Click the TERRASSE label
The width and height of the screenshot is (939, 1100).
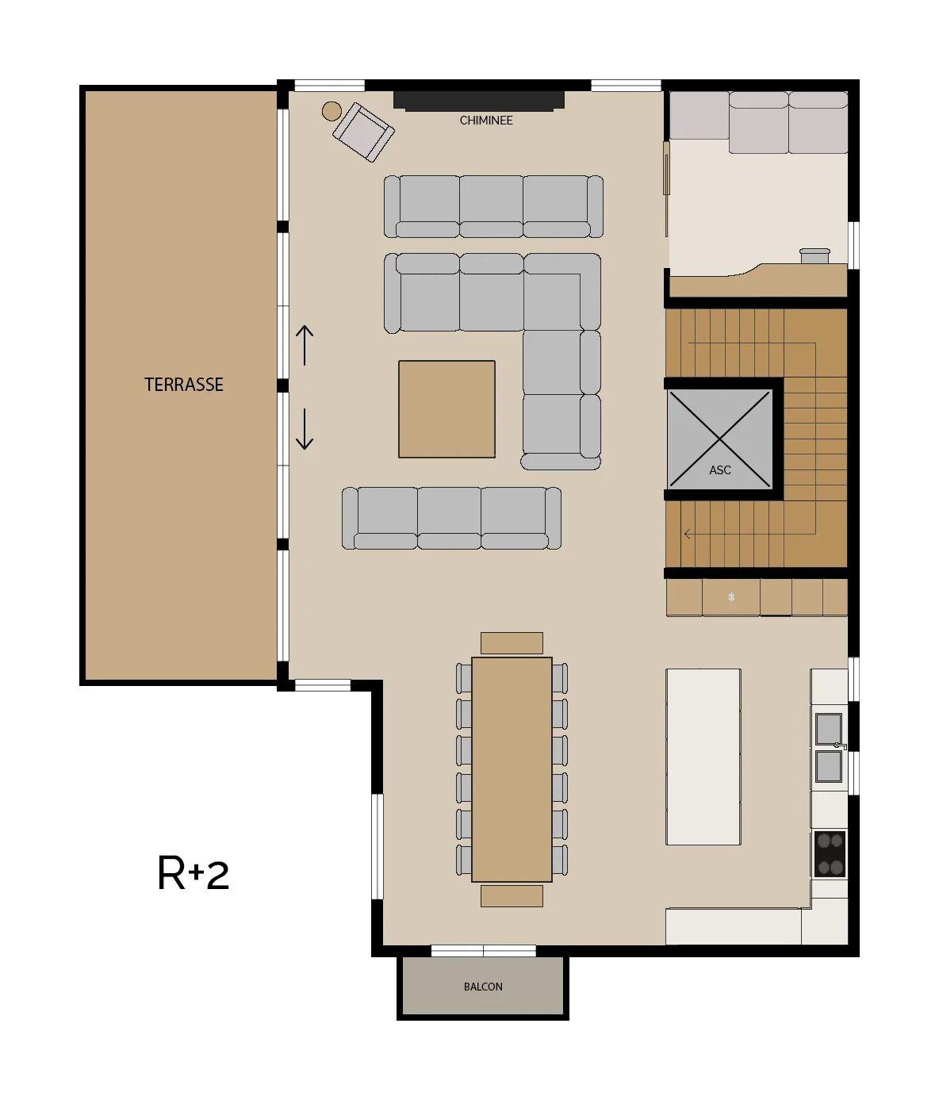click(184, 384)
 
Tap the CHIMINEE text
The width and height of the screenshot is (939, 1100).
click(486, 121)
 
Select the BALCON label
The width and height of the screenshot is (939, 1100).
click(483, 987)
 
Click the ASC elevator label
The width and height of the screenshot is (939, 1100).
click(719, 470)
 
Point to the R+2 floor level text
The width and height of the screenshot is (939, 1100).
click(194, 873)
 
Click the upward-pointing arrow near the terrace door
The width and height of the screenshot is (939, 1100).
click(305, 345)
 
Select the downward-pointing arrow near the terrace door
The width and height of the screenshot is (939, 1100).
click(305, 429)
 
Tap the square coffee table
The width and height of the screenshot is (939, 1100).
click(447, 408)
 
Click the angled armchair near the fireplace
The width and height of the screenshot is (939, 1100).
click(363, 132)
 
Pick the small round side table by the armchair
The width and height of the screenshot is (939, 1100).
click(332, 111)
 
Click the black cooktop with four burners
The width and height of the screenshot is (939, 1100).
click(830, 854)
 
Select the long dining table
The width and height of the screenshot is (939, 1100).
click(512, 769)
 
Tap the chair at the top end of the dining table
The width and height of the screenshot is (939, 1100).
click(512, 643)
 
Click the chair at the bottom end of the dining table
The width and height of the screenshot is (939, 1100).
click(512, 896)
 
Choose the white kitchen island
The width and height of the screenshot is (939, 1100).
click(703, 757)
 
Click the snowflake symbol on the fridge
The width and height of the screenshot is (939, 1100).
click(731, 597)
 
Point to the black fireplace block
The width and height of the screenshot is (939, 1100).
click(478, 101)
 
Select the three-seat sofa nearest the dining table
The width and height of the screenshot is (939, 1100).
click(451, 518)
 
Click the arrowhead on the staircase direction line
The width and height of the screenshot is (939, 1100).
click(688, 534)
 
